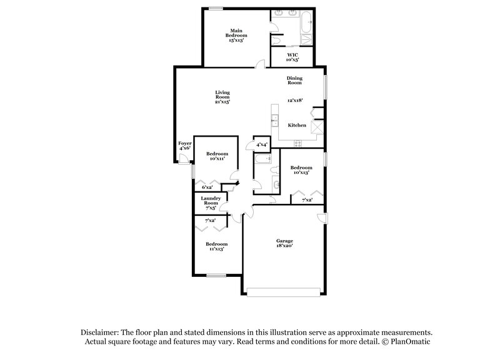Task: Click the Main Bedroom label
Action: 236,35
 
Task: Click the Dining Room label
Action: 294,80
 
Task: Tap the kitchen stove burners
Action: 297,143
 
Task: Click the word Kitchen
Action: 297,125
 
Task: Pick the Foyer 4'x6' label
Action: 185,146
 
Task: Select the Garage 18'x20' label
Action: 285,243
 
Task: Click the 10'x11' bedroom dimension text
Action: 217,158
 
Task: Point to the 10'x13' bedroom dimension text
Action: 301,172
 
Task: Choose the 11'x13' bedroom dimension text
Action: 216,248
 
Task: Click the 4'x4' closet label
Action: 262,145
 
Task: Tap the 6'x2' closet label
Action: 207,187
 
